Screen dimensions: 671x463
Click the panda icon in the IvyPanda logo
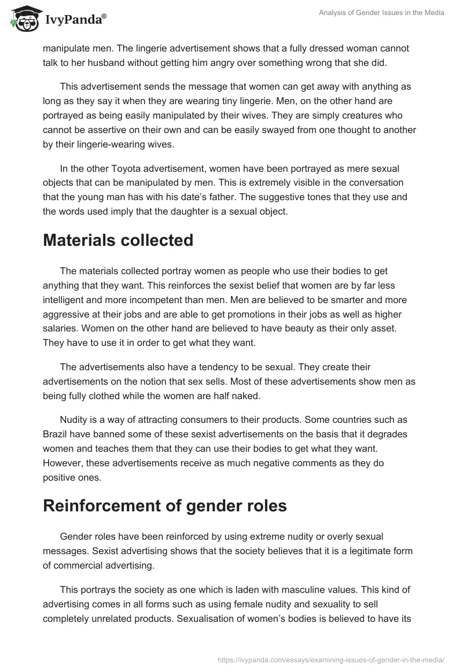point(24,19)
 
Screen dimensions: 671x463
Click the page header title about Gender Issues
point(381,13)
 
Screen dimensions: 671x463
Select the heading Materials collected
point(118,240)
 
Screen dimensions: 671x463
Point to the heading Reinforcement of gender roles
point(165,506)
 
